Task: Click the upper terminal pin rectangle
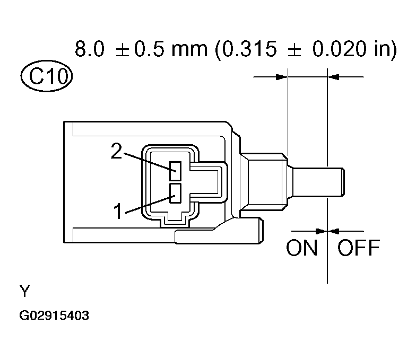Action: pos(176,171)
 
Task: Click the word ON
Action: pos(301,248)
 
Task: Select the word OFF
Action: pos(359,248)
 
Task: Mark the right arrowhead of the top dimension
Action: pos(334,77)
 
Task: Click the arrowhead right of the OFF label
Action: pos(334,231)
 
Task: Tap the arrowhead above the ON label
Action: pos(321,231)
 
